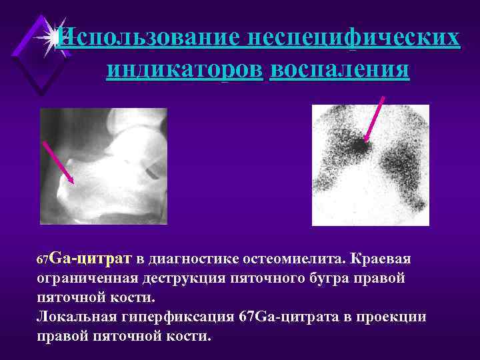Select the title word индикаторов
point(184,69)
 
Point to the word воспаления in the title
point(339,69)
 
